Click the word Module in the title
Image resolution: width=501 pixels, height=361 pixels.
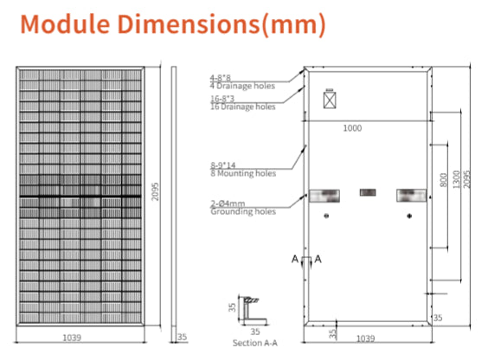point(65,24)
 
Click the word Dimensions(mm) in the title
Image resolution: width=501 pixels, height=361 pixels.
point(222,24)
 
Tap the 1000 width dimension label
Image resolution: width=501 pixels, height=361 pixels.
point(352,128)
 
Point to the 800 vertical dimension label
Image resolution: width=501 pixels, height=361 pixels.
point(444,180)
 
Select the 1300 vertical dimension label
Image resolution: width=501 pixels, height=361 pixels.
point(457,179)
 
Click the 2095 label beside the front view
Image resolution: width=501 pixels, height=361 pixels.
point(155,191)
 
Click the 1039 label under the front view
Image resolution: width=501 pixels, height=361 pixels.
point(72,338)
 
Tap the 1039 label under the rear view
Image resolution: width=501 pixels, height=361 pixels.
point(365,338)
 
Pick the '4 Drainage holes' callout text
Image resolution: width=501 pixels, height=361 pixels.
point(242,86)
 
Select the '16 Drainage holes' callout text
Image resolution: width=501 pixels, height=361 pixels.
point(243,106)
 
